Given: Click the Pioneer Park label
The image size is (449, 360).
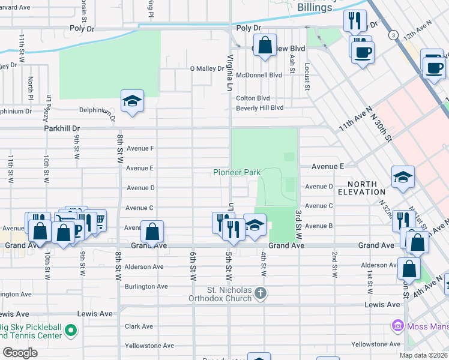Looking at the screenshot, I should click(237, 172).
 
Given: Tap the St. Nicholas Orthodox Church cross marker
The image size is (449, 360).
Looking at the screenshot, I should click(259, 293).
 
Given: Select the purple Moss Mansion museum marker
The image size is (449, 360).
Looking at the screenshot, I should click(397, 326).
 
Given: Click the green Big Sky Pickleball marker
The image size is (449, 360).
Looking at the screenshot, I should click(71, 331).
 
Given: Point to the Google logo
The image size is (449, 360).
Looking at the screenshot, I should click(20, 353).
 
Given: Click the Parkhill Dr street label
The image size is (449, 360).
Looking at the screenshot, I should click(61, 128).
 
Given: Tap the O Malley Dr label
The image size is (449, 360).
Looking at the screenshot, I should click(206, 69).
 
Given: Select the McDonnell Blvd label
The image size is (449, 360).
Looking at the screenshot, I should click(259, 76).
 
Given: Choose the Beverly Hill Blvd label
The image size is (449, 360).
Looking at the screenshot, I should click(259, 108).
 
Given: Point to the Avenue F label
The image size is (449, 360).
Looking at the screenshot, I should click(140, 148).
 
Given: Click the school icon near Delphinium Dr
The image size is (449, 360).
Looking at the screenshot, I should click(132, 100).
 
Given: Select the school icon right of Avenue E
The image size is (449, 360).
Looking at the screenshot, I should click(403, 176).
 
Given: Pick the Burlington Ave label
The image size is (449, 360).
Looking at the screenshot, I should click(146, 287).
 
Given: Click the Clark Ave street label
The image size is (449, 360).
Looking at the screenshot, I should click(139, 326).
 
